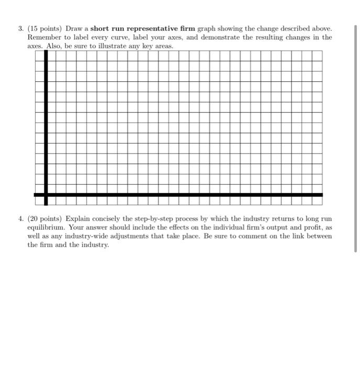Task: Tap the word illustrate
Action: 112,47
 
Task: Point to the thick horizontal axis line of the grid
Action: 183,195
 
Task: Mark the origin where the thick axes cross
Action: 46,195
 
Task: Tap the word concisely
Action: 107,218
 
